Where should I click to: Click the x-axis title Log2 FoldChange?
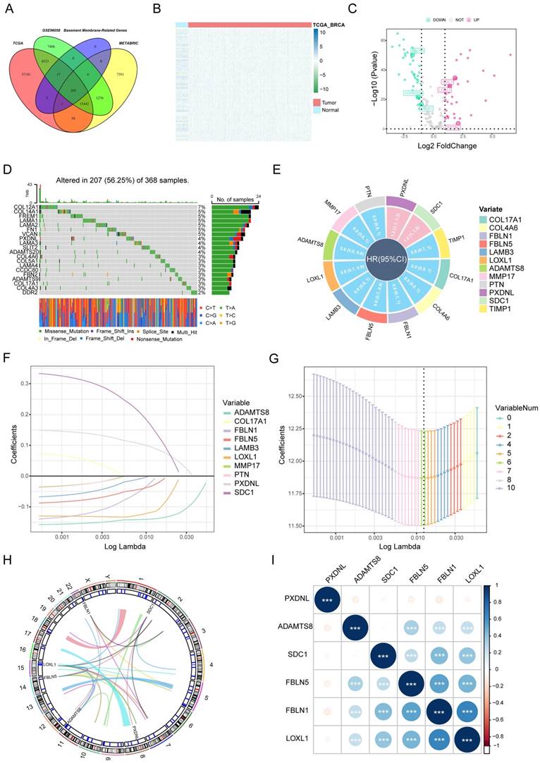450,146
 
